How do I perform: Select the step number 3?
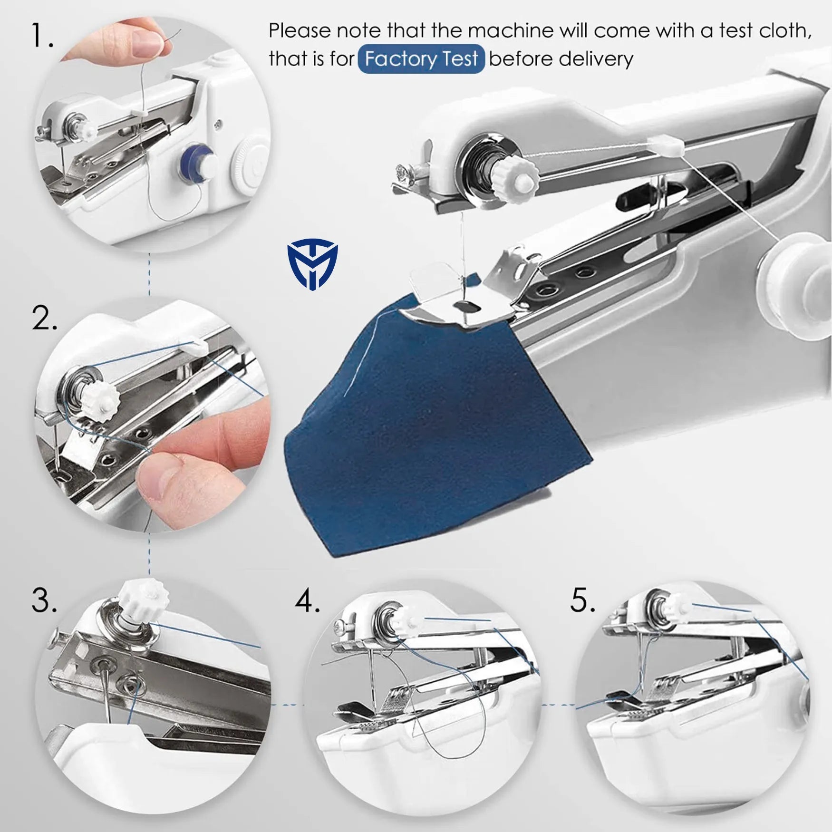[44, 600]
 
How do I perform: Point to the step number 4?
[307, 600]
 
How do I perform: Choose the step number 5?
[582, 600]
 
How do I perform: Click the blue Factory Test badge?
[421, 59]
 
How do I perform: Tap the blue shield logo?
[312, 264]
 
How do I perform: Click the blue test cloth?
[428, 428]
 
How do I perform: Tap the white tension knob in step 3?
[143, 603]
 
